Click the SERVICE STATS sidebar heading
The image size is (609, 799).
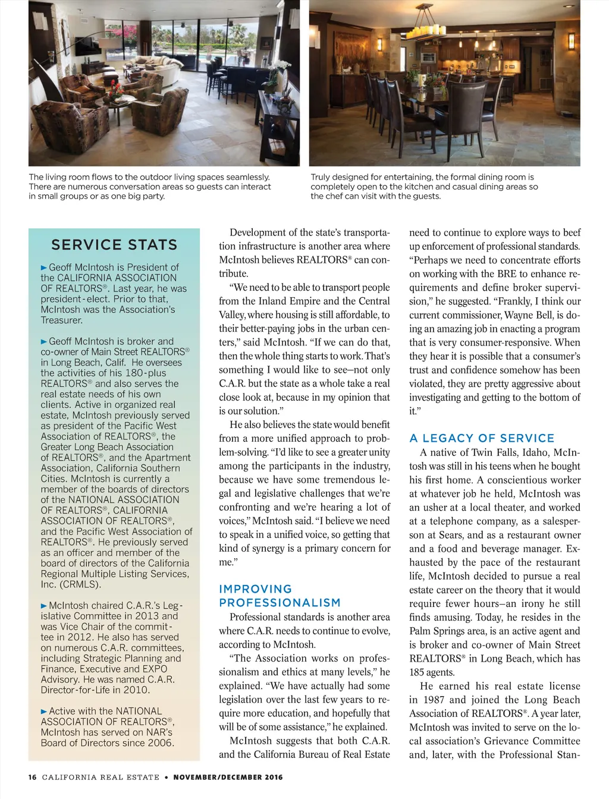[114, 245]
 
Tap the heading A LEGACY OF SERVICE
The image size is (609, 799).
[482, 438]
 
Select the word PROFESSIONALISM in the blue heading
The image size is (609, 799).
[280, 603]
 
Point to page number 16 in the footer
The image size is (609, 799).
[32, 777]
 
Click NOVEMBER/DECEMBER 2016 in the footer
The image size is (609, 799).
[228, 777]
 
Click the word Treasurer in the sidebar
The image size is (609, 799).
[62, 320]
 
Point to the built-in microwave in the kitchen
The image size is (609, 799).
[428, 58]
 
